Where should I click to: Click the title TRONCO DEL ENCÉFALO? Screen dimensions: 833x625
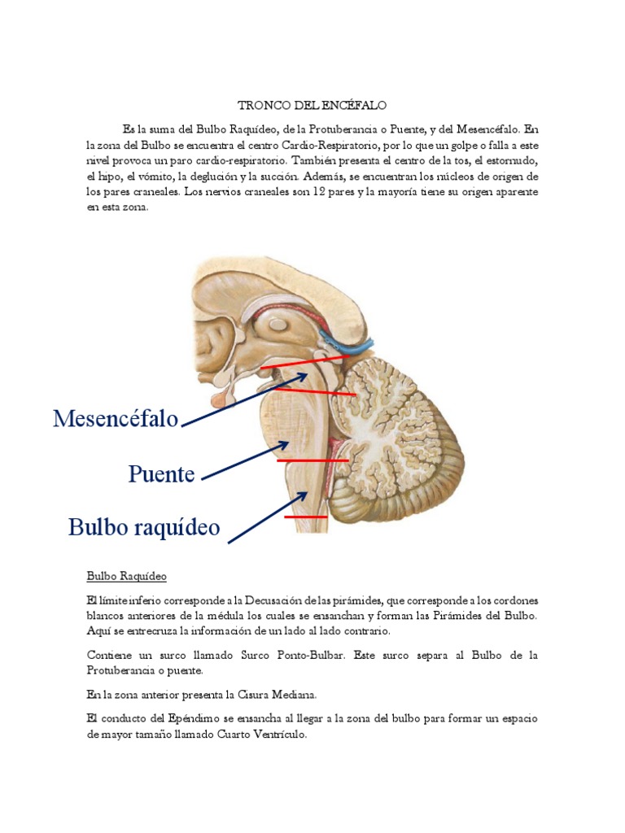tap(312, 106)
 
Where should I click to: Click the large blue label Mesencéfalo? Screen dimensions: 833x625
tap(116, 419)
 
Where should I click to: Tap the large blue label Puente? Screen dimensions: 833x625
tap(161, 473)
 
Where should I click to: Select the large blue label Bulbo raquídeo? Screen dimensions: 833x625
tap(144, 527)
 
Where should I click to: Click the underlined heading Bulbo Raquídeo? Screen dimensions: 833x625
tap(126, 577)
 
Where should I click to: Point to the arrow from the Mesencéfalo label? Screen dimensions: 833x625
tap(244, 399)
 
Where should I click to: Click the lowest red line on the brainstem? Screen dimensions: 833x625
tap(305, 517)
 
